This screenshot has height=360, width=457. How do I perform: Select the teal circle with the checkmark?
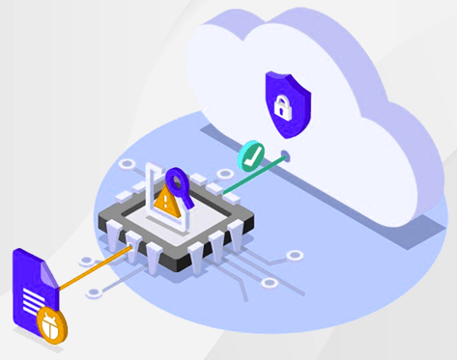pyautogui.click(x=251, y=154)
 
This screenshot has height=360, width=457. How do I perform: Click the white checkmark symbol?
pyautogui.click(x=251, y=154)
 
